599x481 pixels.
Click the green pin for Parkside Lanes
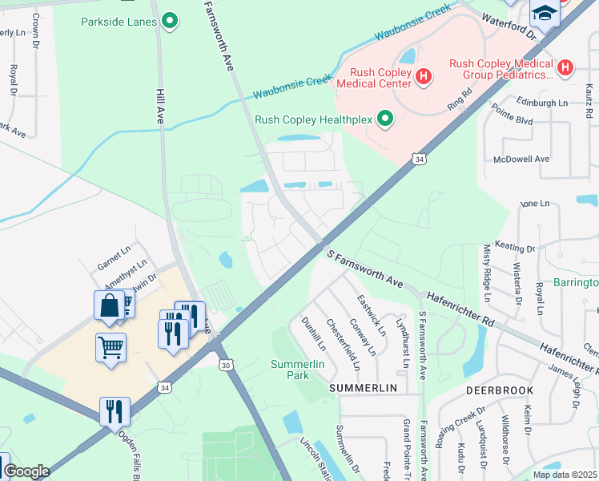(x=169, y=22)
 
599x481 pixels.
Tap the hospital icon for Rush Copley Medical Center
(x=424, y=76)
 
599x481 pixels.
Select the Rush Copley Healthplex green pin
(x=385, y=119)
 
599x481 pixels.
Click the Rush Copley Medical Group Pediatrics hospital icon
(x=566, y=68)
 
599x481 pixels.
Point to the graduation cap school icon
(x=545, y=14)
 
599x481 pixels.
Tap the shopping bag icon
(x=109, y=306)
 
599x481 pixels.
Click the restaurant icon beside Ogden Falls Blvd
(x=115, y=411)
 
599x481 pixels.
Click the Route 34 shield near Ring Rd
(x=420, y=160)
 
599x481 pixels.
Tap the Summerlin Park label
(x=290, y=370)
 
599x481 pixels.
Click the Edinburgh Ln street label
(x=541, y=103)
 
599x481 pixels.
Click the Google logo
(x=26, y=471)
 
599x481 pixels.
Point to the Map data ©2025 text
(x=564, y=474)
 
